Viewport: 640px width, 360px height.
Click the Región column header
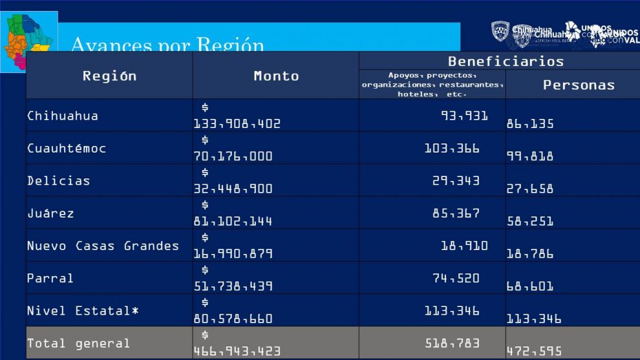tap(109, 76)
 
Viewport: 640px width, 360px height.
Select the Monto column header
tap(276, 76)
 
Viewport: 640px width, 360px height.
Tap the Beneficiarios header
tap(506, 61)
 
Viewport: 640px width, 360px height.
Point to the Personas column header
tap(579, 85)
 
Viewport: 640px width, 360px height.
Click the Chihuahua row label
tap(63, 116)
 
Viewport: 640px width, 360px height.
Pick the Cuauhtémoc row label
tap(67, 148)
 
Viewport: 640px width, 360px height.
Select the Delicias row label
tap(59, 180)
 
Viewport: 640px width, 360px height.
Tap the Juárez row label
tap(50, 213)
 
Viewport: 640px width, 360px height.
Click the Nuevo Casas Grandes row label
tap(103, 246)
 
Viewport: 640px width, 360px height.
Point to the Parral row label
tap(50, 278)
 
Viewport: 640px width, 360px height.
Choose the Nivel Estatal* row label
tap(83, 310)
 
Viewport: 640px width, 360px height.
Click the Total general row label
tap(78, 343)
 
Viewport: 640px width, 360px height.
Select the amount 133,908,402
tap(237, 123)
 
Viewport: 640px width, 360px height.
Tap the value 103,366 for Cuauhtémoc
tap(452, 148)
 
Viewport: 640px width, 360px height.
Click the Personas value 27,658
tap(530, 189)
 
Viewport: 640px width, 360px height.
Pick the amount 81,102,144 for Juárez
tap(233, 221)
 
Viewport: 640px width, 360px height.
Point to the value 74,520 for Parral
tap(456, 278)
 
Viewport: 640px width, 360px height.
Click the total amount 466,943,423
tap(237, 351)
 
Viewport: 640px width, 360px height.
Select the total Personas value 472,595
tap(534, 352)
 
